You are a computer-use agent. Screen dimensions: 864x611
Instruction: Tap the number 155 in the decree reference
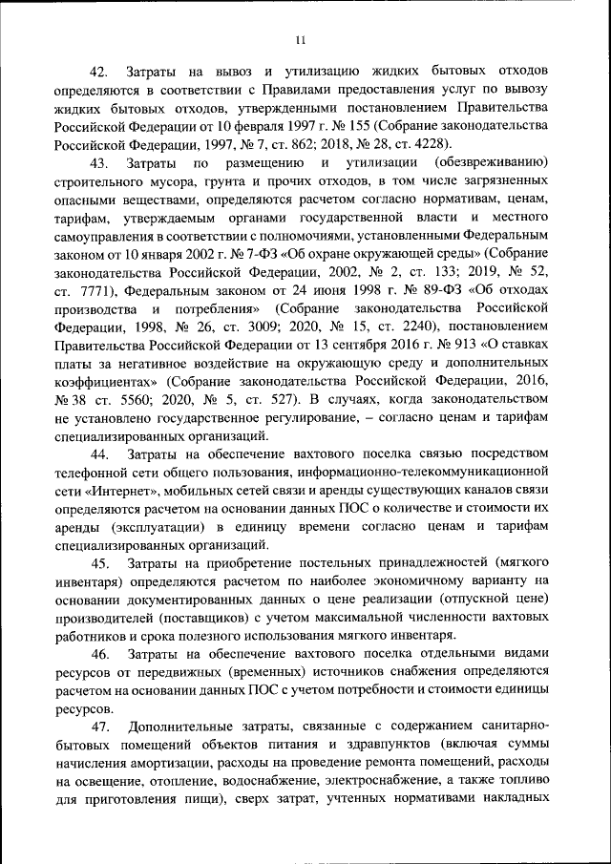click(356, 126)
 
